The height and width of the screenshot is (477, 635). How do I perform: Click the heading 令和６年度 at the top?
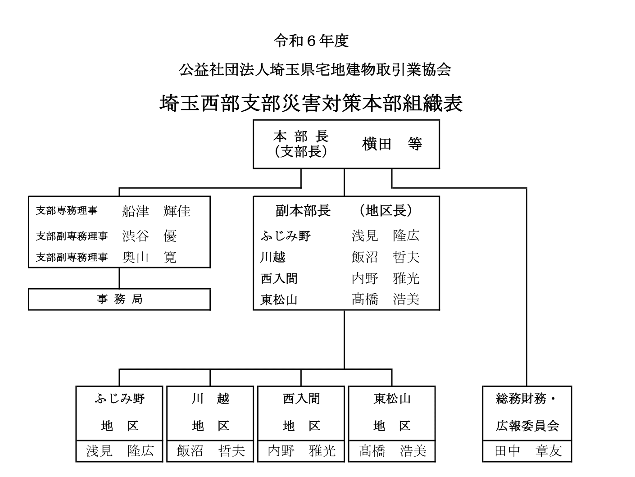coord(311,41)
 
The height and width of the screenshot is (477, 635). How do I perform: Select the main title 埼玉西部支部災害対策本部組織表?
coord(311,103)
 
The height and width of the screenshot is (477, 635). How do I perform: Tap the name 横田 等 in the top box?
coord(392,144)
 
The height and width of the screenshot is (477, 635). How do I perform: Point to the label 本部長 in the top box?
coord(301,136)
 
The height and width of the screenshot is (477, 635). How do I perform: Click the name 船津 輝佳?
coord(156,211)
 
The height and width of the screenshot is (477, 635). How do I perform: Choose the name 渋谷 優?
coord(149,236)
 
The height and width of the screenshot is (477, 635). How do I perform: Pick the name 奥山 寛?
coord(149,257)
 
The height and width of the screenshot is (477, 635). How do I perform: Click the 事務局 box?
coord(119,299)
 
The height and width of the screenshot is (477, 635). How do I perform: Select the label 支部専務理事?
coord(66,211)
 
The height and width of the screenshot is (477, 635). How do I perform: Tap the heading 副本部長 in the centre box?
coord(303,211)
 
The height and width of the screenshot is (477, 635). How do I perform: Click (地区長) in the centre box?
coord(386,211)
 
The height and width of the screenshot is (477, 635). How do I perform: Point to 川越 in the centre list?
coord(272,257)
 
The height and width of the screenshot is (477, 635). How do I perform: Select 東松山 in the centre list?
coord(279,300)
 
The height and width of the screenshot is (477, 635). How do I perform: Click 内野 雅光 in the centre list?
coord(385,278)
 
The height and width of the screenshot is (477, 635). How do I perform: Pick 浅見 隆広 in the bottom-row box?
coord(120,450)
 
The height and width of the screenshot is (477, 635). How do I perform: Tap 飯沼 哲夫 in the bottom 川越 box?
coord(210,450)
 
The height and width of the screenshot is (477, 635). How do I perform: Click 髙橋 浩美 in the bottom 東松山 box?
coord(392,450)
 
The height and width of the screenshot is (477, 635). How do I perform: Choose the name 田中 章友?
coord(527,450)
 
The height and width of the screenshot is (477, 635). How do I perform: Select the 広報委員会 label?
coord(527,426)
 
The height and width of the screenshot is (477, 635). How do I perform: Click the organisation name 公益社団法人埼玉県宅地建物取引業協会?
coord(315,70)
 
